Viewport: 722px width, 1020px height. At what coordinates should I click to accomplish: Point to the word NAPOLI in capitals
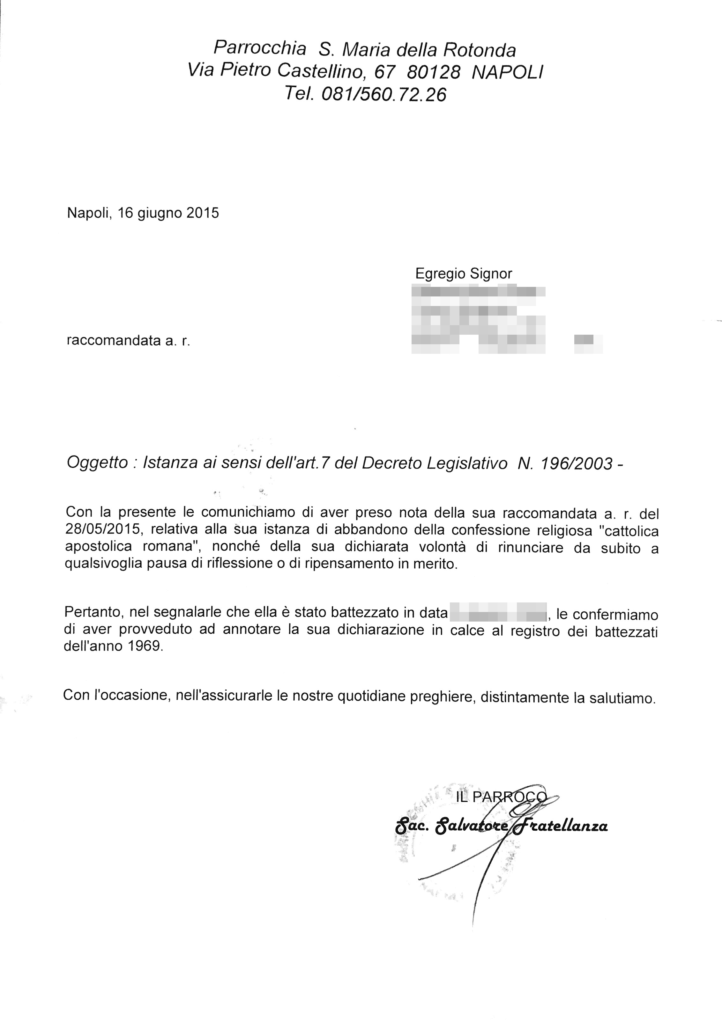507,72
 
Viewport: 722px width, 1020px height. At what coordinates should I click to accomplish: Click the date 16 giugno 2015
168,213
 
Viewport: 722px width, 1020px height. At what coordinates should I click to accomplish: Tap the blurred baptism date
498,612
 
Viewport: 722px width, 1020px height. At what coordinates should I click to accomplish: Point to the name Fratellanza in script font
562,826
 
